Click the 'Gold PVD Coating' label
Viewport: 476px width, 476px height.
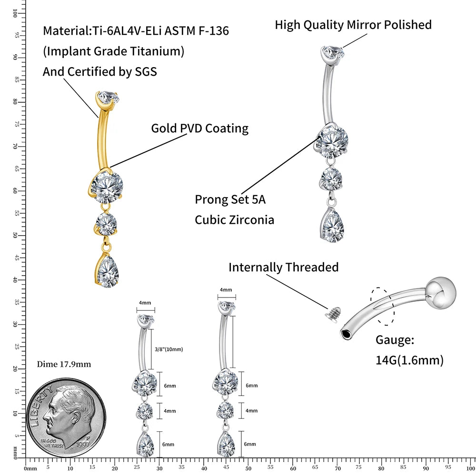(199, 128)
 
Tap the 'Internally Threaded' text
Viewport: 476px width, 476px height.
(283, 267)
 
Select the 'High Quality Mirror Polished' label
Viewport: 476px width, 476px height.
(353, 25)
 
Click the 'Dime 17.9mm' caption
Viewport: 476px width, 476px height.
(64, 364)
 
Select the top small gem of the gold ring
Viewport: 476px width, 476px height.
(107, 98)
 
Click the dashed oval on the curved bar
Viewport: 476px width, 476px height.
(383, 307)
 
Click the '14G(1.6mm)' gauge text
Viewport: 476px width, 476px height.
(409, 360)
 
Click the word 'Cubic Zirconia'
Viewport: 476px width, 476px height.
(234, 220)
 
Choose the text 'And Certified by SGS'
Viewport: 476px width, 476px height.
(99, 71)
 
